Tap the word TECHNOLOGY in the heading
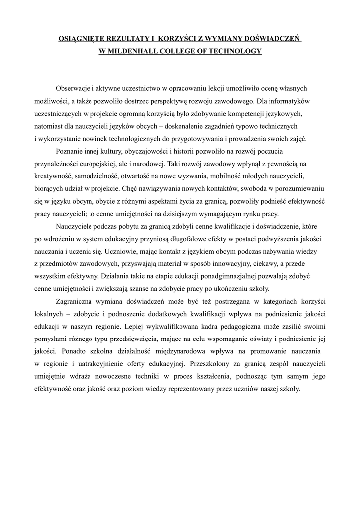(x=234, y=51)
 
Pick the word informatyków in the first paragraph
(x=290, y=101)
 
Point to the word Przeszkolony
(x=208, y=363)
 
